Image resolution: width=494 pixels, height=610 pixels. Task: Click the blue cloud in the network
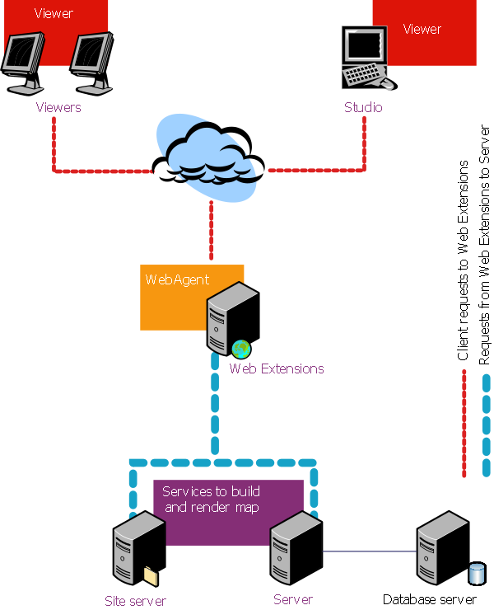click(207, 157)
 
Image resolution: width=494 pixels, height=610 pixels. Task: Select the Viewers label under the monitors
click(58, 107)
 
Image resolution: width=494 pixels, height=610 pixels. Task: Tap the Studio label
click(363, 107)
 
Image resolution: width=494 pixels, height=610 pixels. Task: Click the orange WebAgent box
click(173, 301)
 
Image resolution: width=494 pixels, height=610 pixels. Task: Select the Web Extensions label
click(277, 368)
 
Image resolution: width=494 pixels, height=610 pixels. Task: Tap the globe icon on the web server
click(240, 349)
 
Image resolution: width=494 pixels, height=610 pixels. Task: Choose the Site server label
click(135, 601)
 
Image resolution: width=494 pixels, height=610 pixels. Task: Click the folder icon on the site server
click(150, 575)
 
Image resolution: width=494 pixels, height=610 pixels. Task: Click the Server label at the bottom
click(293, 599)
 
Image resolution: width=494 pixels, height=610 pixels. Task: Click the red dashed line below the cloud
click(212, 231)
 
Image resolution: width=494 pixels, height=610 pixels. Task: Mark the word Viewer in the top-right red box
click(422, 29)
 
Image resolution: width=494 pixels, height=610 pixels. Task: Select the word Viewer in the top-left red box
click(54, 13)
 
